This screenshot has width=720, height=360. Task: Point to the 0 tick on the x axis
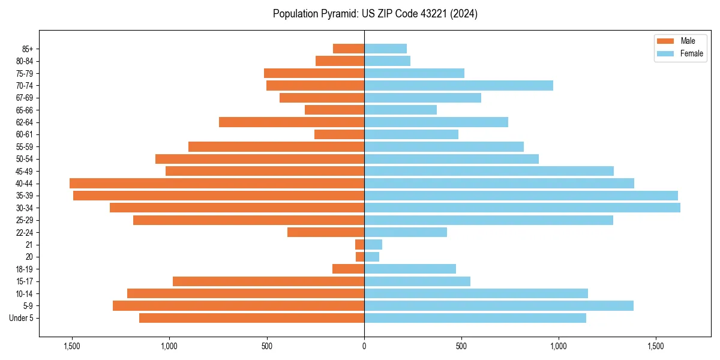[364, 346]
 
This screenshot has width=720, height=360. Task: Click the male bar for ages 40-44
[217, 184]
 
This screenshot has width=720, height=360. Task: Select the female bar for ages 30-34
[522, 208]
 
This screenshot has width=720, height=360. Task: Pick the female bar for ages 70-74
[458, 86]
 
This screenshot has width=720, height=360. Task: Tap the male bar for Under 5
[251, 318]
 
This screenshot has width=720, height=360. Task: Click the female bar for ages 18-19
[410, 269]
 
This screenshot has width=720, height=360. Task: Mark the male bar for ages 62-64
[292, 122]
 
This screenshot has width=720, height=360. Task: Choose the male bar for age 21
[359, 245]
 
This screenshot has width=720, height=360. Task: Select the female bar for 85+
[385, 49]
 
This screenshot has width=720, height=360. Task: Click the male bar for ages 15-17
[268, 281]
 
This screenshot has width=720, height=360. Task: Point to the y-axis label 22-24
[25, 232]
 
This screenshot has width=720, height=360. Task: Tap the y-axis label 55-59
[25, 147]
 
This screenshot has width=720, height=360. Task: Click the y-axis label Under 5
[22, 318]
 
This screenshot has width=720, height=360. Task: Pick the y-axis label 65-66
[25, 110]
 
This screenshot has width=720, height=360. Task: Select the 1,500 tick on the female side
[655, 346]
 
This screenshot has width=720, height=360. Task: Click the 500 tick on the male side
[267, 346]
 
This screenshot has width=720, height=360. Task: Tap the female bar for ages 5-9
[499, 306]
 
